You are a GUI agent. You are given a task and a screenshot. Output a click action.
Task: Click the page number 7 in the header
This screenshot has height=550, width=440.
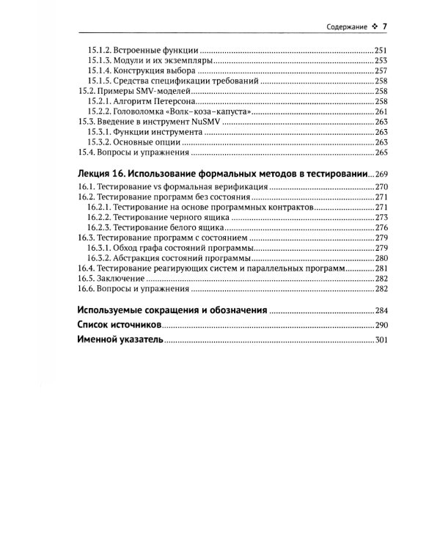click(x=384, y=28)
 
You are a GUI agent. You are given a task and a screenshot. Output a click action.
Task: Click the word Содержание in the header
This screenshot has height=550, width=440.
click(x=346, y=29)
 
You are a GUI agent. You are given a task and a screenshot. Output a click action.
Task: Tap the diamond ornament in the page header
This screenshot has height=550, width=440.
click(x=373, y=29)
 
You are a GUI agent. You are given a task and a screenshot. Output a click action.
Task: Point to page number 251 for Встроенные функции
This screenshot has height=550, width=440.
click(x=380, y=50)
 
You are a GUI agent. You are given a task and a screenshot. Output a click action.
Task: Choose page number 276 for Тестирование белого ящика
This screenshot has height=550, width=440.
click(x=380, y=229)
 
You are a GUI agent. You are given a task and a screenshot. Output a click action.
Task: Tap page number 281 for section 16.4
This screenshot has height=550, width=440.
click(x=380, y=269)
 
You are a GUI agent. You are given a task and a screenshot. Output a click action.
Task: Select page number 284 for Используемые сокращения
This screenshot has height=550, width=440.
click(x=380, y=310)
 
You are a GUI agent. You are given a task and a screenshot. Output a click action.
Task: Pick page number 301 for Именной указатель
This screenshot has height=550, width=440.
click(x=380, y=340)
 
